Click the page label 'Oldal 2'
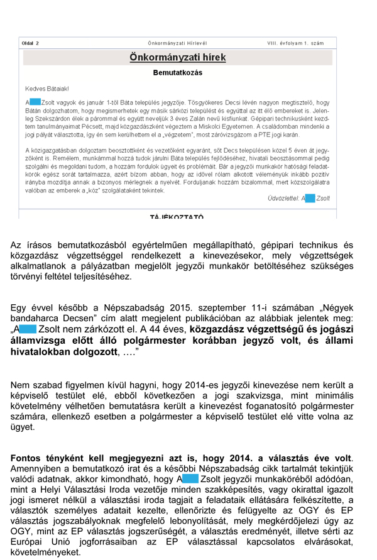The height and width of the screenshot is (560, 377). (30, 43)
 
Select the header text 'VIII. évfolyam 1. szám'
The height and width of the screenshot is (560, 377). (295, 43)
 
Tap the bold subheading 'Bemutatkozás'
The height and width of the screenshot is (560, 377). (178, 73)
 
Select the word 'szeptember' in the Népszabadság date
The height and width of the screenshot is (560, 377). (225, 308)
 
